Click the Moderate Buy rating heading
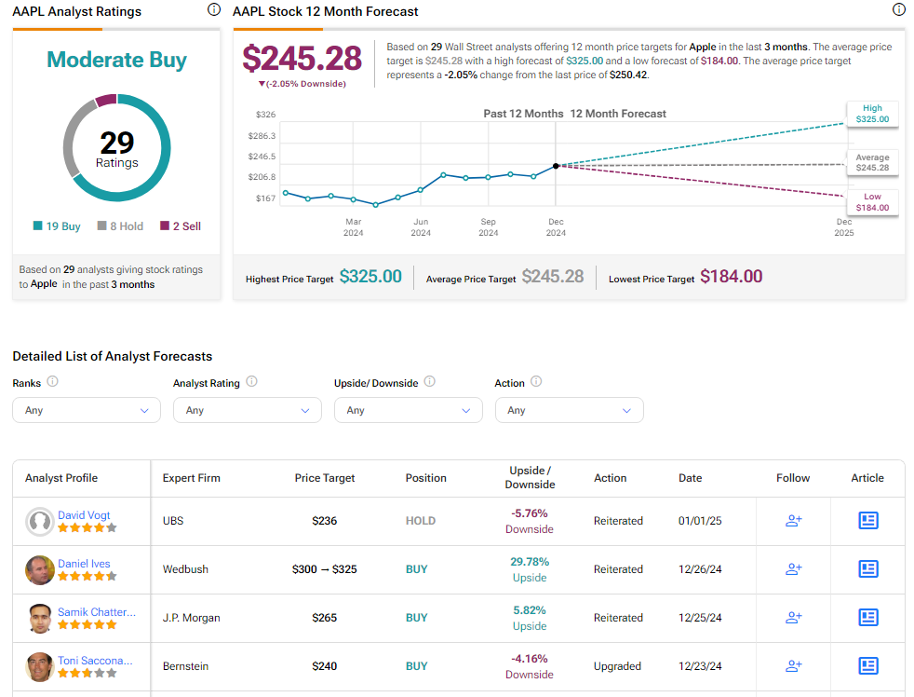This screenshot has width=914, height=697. [116, 61]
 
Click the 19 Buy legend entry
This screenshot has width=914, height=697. [57, 226]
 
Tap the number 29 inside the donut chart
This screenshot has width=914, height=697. [116, 143]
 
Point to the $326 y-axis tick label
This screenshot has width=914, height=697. [265, 115]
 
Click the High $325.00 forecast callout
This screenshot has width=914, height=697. [872, 114]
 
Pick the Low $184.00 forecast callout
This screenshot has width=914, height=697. [872, 202]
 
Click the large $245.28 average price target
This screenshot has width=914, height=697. [302, 59]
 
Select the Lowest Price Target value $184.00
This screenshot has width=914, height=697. [731, 277]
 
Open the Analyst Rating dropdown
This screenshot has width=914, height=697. [247, 410]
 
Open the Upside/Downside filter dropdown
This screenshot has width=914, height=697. [408, 410]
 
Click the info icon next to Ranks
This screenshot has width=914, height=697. [53, 382]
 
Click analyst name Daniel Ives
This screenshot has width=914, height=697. [84, 563]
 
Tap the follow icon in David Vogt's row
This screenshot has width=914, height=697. [793, 521]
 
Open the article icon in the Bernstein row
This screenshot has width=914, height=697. [867, 666]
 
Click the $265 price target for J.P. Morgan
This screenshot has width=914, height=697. [324, 618]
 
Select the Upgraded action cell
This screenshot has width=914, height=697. [617, 666]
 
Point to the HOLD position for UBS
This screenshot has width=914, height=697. [420, 521]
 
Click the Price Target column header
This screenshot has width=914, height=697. [324, 478]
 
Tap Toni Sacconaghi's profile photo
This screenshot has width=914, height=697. [39, 666]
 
